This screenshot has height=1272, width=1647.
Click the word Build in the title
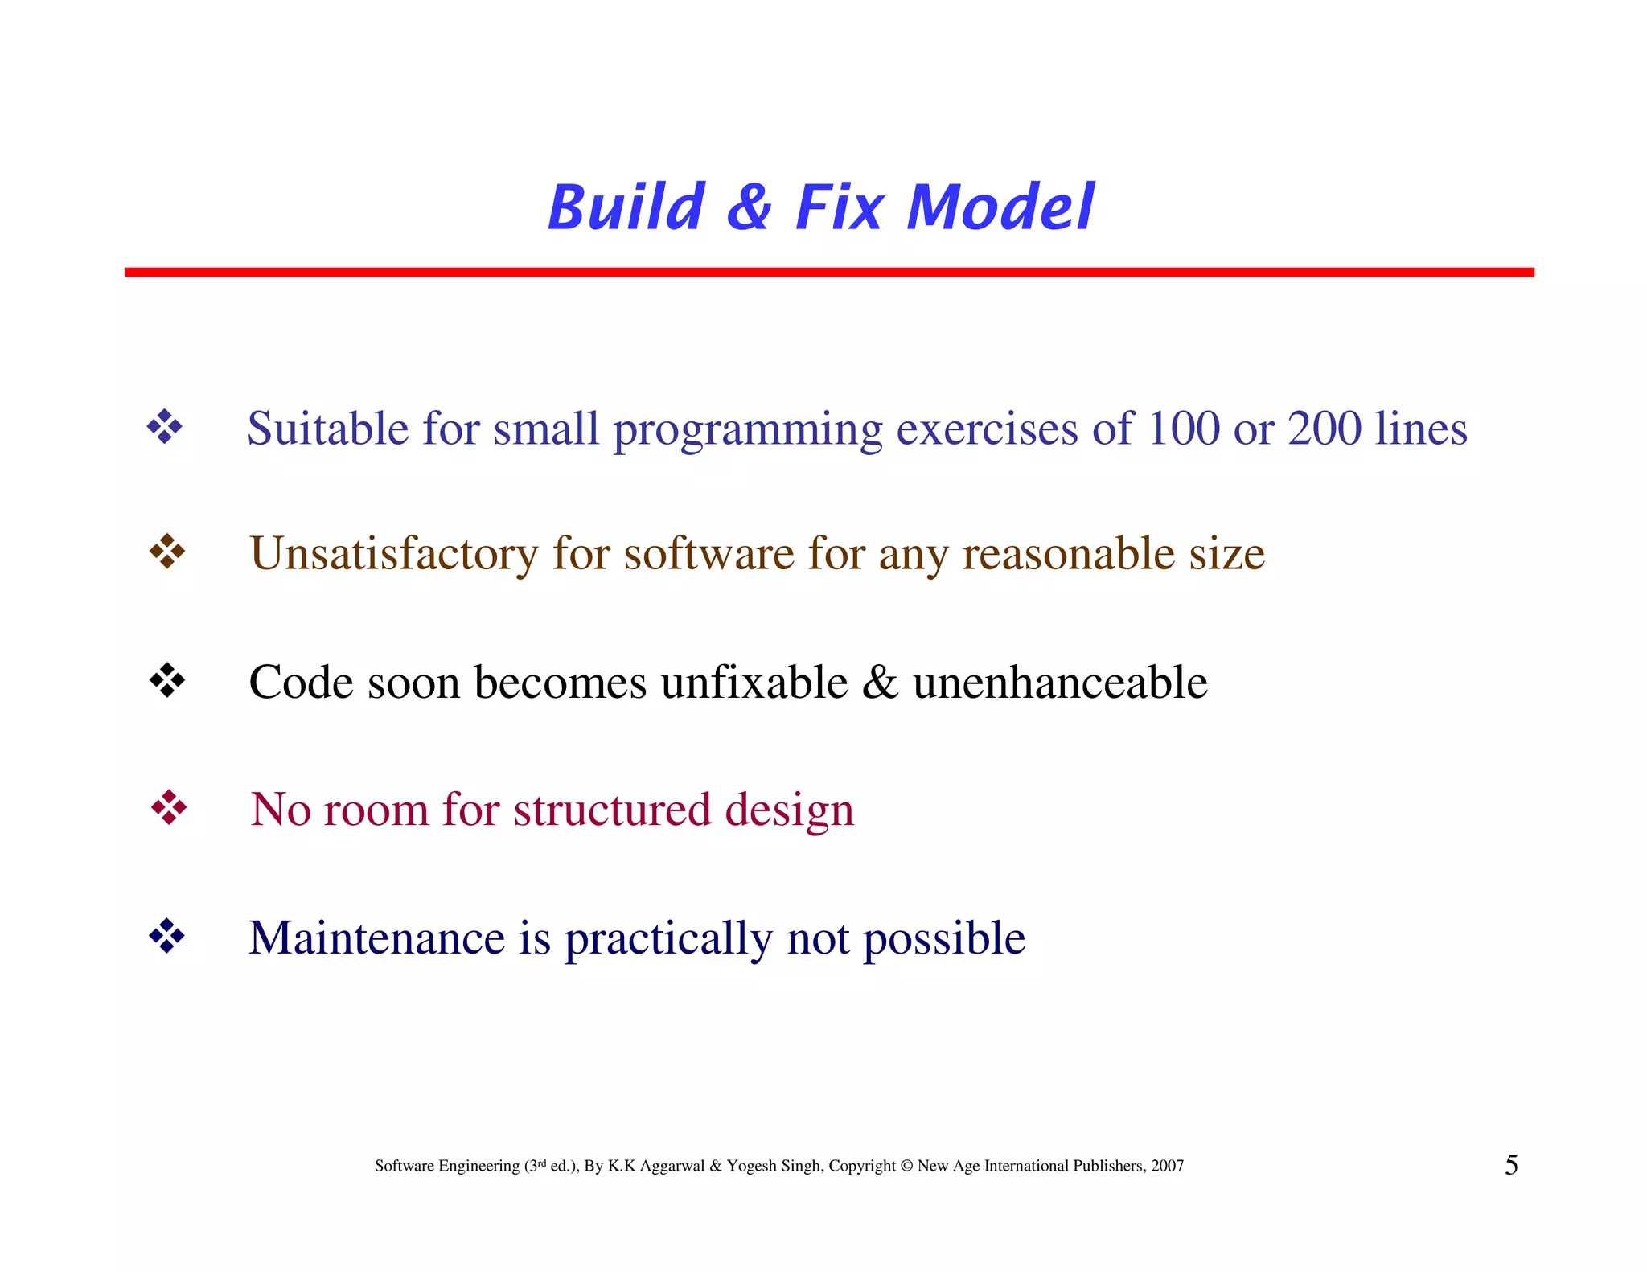626,207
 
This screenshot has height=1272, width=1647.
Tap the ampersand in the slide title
750,207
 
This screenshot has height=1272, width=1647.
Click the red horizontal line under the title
828,273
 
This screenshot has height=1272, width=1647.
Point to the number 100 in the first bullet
1183,428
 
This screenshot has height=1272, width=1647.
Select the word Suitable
327,428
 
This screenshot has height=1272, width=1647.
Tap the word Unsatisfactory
393,554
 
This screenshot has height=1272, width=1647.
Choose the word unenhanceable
1060,683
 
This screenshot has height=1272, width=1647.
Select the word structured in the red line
612,809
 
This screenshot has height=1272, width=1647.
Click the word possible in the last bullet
944,939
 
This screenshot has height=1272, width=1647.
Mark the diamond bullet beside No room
169,807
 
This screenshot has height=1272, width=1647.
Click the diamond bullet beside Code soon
167,680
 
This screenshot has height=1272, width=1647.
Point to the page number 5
1511,1165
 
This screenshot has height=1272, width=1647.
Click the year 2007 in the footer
1167,1166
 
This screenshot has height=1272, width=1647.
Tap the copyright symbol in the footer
906,1166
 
